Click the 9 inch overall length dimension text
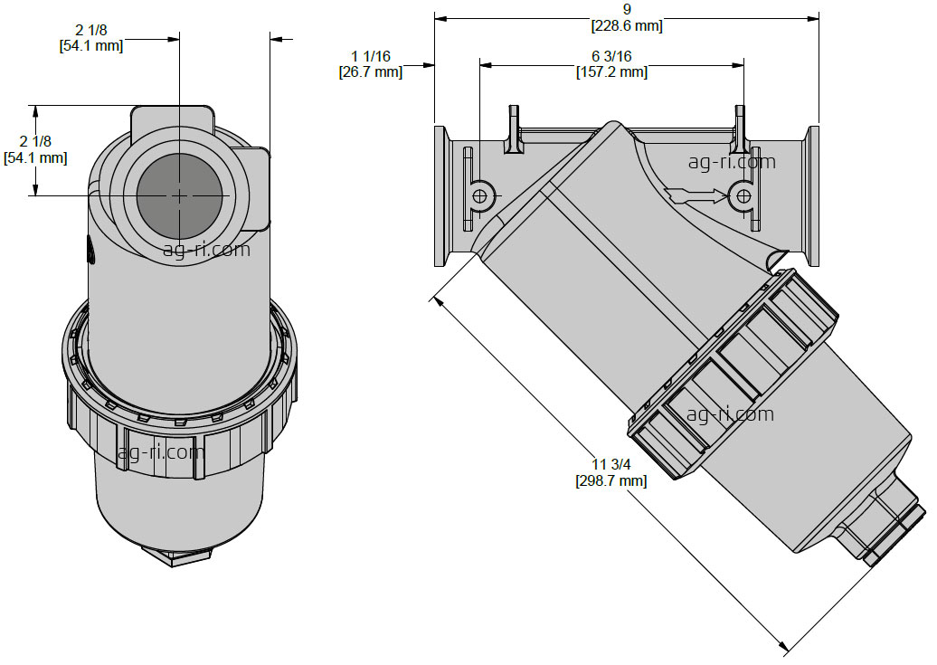(x=627, y=9)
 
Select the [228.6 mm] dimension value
(x=627, y=25)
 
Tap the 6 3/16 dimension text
(x=612, y=56)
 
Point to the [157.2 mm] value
(x=612, y=72)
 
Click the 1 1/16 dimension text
(x=371, y=56)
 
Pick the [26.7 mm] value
(x=371, y=72)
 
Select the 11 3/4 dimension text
(x=611, y=465)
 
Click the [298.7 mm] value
(x=611, y=480)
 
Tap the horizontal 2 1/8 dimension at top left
(x=91, y=29)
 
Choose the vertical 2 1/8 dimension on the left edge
(x=35, y=141)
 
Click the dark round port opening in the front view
(x=179, y=195)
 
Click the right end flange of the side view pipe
(x=813, y=195)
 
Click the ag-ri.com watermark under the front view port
(x=206, y=249)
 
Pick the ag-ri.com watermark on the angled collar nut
(x=730, y=413)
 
